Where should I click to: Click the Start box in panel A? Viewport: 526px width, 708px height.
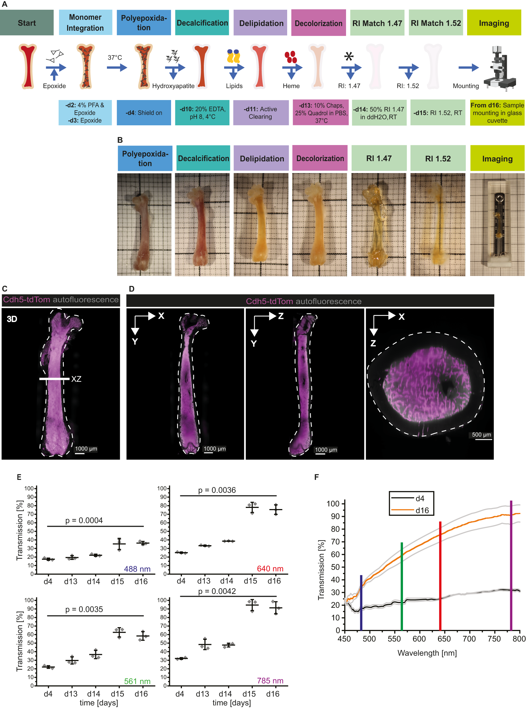pos(27,23)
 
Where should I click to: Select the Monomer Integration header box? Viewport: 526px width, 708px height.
pos(85,22)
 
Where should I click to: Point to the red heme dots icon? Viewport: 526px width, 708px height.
pos(291,57)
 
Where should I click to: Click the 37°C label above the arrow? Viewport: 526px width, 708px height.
pos(115,58)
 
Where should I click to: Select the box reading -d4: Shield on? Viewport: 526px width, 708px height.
pos(144,113)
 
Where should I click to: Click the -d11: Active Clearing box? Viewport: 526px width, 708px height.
pos(261,113)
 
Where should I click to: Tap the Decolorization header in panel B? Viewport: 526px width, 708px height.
pos(320,158)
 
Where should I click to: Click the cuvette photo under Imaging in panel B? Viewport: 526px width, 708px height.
pos(497,224)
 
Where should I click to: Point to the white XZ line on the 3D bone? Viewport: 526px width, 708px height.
pos(54,379)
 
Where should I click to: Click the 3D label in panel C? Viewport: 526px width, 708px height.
pos(12,319)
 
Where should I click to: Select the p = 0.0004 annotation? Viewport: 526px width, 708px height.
pos(84,520)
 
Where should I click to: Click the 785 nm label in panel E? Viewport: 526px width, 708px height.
pos(270,680)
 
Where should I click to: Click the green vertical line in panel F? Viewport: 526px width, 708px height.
pos(402,586)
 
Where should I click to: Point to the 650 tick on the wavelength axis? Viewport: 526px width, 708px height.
pos(444,639)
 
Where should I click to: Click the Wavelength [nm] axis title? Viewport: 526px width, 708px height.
pos(427,653)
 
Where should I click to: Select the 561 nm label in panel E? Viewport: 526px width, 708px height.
pos(137,681)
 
